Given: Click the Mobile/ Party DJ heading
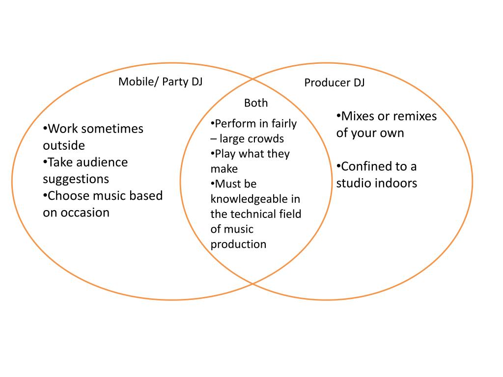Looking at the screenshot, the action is click(x=160, y=81).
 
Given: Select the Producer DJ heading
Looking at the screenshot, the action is click(x=334, y=82).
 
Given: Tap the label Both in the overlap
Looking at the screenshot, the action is click(x=256, y=103).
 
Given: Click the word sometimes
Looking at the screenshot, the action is click(x=112, y=129).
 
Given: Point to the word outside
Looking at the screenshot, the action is click(x=64, y=145).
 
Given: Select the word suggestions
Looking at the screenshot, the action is click(x=76, y=179).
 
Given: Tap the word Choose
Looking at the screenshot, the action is click(x=67, y=196).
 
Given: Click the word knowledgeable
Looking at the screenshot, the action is click(x=255, y=199).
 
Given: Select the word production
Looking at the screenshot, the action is click(x=238, y=244).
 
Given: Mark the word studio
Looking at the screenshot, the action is click(x=353, y=183).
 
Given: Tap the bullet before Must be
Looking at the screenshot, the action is click(x=212, y=184).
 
